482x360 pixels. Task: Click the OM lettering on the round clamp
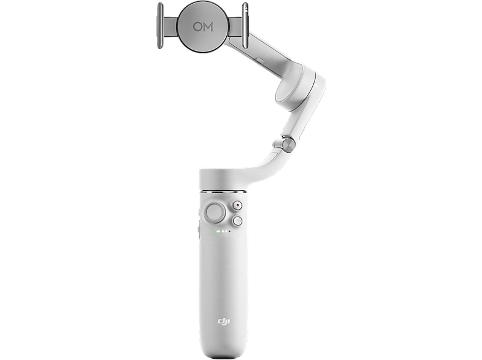[x=203, y=27]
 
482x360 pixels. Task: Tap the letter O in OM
[x=197, y=27]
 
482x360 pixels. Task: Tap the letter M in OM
[x=208, y=27]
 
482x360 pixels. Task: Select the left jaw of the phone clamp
[x=160, y=26]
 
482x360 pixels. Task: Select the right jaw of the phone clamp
[x=245, y=26]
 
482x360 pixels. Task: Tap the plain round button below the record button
[x=237, y=220]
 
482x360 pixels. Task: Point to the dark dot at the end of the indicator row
[x=229, y=231]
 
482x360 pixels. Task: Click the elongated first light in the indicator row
[x=218, y=231]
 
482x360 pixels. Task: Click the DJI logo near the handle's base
[x=224, y=321]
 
